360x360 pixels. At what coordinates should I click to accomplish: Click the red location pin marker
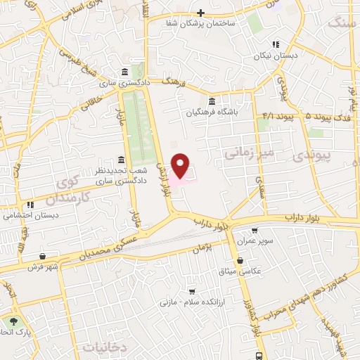pos(181,165)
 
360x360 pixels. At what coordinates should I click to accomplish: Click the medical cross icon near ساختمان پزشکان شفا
pos(201,13)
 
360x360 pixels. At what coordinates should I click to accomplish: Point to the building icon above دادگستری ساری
pos(124,72)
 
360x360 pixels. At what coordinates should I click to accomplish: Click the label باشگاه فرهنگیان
pos(217,111)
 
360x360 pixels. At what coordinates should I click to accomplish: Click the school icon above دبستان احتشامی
pos(30,205)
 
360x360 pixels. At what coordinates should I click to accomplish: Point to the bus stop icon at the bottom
pos(259,355)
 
